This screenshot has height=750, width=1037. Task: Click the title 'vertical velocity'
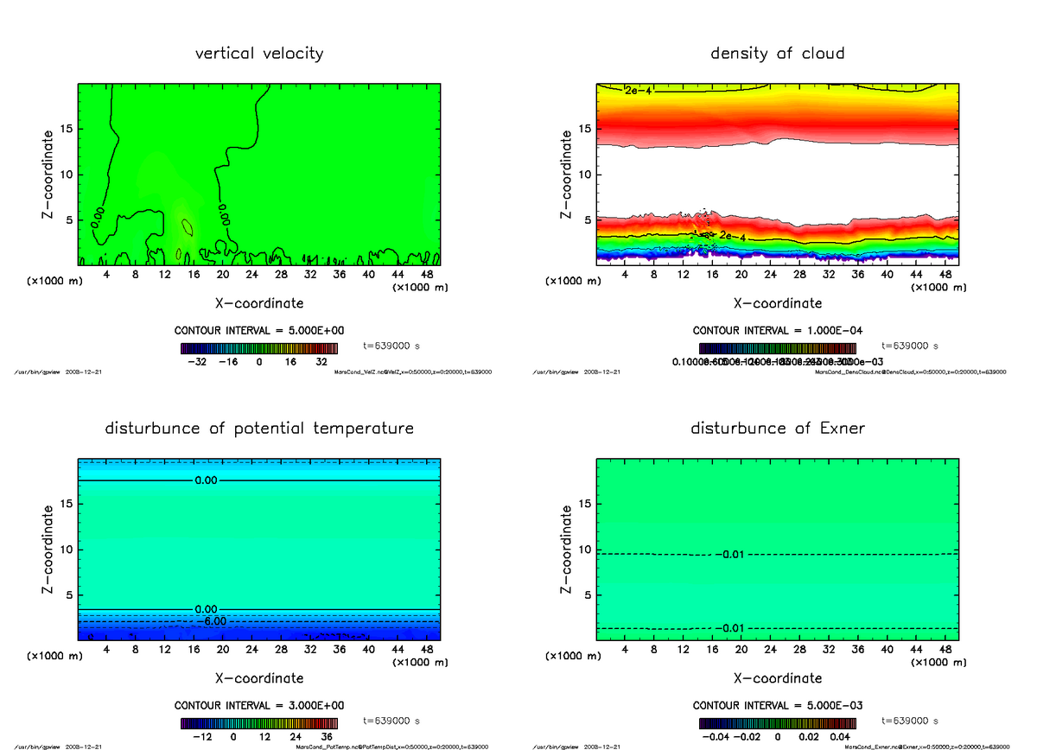click(x=259, y=54)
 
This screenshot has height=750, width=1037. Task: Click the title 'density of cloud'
click(x=777, y=54)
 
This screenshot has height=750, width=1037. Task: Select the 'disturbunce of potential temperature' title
click(x=259, y=429)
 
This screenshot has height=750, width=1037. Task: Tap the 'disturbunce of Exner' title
click(x=777, y=429)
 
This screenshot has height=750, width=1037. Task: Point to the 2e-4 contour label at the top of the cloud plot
click(x=639, y=90)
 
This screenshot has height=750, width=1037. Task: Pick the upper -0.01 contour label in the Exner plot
click(x=729, y=554)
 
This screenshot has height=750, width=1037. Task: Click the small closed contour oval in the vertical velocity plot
click(x=187, y=227)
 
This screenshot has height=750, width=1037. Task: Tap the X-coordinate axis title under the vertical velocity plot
click(x=259, y=303)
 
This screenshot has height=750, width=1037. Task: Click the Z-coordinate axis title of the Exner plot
click(x=567, y=549)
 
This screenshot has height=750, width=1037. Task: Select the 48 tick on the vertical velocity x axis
click(x=426, y=275)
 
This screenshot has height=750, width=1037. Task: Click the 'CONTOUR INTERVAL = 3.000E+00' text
click(x=259, y=705)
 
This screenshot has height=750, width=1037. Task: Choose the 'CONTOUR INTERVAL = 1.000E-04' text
click(x=777, y=331)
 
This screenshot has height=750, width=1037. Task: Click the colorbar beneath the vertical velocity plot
click(x=259, y=348)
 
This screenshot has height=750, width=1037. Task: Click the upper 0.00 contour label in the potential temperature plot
click(x=207, y=480)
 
